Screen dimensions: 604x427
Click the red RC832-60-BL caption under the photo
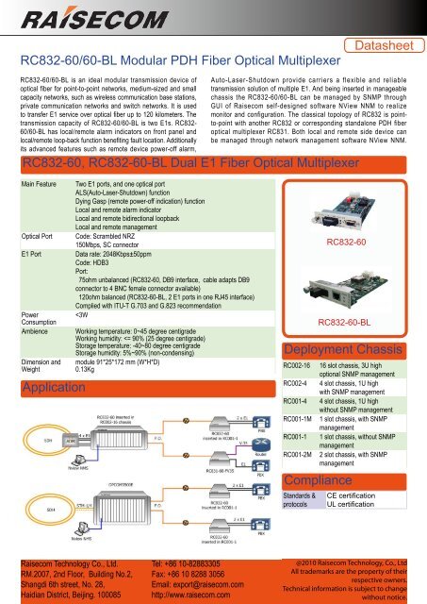pyautogui.click(x=345, y=321)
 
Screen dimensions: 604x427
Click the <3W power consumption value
pyautogui.click(x=83, y=316)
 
